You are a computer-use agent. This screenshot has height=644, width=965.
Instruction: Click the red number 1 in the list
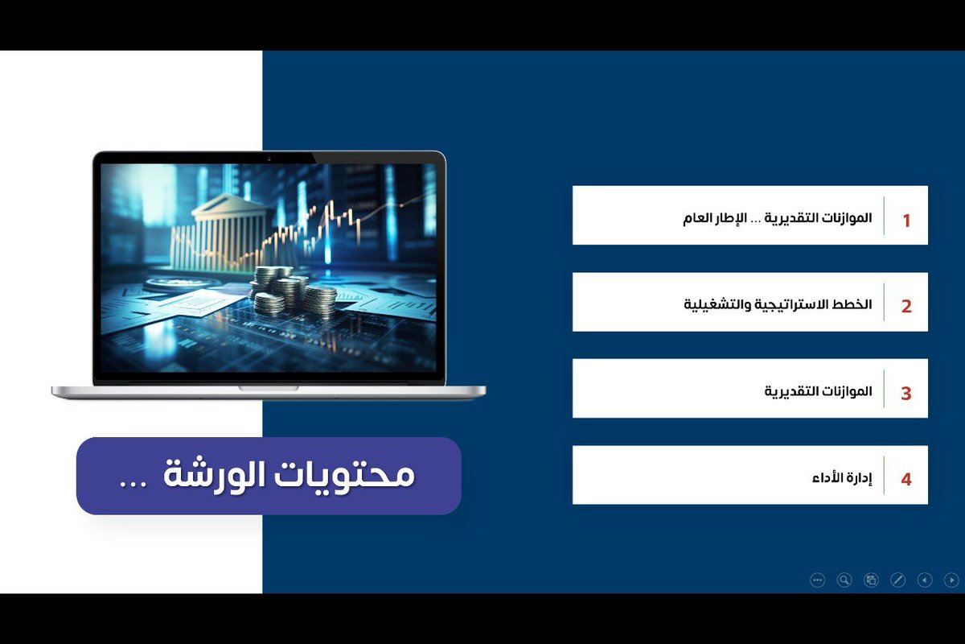click(x=906, y=221)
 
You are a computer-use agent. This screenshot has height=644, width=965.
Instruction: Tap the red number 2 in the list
click(x=906, y=307)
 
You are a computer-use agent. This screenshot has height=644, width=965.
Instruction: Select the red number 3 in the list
click(x=906, y=394)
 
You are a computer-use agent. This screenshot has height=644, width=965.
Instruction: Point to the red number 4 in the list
click(x=906, y=480)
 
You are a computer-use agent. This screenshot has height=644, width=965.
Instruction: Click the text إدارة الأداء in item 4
click(x=842, y=478)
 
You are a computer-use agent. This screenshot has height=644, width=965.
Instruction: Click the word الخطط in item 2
click(x=853, y=304)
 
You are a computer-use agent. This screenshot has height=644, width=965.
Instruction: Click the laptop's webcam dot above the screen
click(x=269, y=159)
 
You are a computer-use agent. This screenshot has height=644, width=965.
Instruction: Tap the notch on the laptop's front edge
click(x=268, y=389)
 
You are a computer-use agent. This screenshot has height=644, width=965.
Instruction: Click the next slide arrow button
click(x=951, y=580)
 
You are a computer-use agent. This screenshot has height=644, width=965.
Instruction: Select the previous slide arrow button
click(x=925, y=580)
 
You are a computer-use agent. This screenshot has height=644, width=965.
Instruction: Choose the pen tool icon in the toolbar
click(x=898, y=580)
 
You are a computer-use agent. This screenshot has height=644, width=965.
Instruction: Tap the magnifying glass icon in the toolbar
click(x=844, y=580)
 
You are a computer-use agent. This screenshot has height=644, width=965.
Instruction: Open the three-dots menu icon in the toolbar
click(x=818, y=580)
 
